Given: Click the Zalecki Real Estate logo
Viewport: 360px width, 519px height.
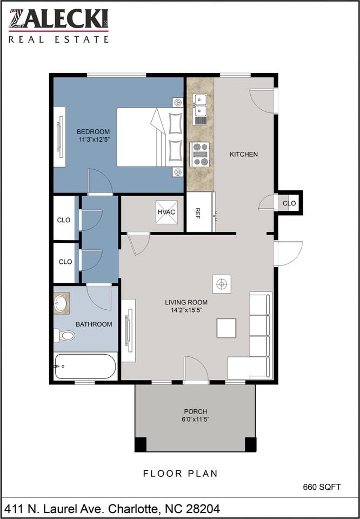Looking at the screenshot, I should tap(58, 25).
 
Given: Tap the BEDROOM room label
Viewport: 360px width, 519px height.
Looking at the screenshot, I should tap(93, 132).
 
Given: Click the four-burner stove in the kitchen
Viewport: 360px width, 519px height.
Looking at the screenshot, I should tap(200, 154).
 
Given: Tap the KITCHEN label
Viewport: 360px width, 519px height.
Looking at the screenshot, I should tap(244, 154).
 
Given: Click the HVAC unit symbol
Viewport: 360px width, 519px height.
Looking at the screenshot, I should tap(166, 211).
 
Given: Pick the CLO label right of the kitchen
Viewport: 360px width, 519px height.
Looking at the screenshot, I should tap(289, 203).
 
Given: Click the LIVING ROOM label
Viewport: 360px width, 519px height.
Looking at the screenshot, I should tap(186, 302).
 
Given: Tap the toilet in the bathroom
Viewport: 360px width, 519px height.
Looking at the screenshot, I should tap(64, 336).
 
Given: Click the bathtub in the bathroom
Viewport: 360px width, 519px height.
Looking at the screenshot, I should tap(85, 367).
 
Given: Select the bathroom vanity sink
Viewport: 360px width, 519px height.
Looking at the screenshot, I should tap(61, 303).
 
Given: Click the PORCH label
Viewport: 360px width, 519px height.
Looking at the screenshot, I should tap(195, 411).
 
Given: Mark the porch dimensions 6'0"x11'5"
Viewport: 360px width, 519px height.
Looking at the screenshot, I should tap(195, 420).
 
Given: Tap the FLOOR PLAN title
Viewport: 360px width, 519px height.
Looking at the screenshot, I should tap(180, 474).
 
